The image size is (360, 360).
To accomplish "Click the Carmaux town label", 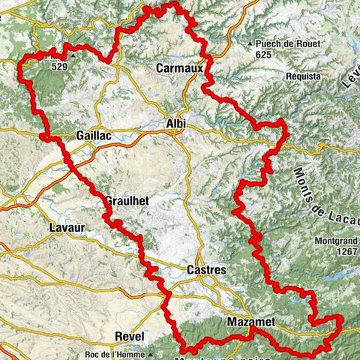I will [179, 68].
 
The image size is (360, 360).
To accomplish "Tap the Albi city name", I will [175, 123].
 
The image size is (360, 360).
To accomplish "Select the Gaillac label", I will [94, 135].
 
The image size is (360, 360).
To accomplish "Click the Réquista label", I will [303, 76].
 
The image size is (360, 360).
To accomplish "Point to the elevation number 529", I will [61, 66].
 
